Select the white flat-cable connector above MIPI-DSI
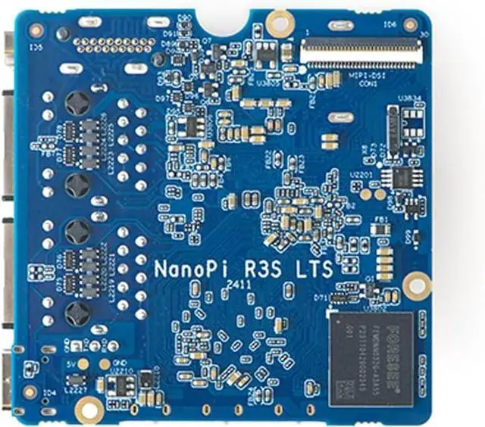tap(361, 51)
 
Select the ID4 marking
tap(50, 392)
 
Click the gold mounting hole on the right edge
tap(416, 285)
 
